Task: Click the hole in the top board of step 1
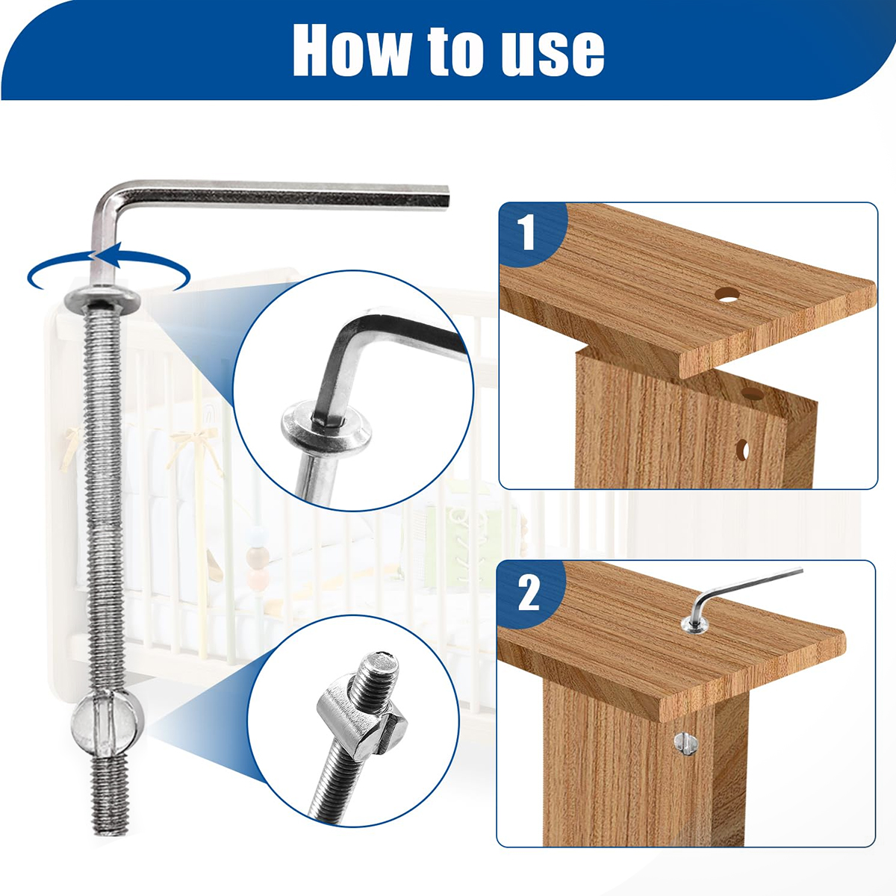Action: [x=728, y=295]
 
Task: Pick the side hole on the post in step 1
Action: [x=742, y=450]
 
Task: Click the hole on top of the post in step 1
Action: [x=753, y=393]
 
